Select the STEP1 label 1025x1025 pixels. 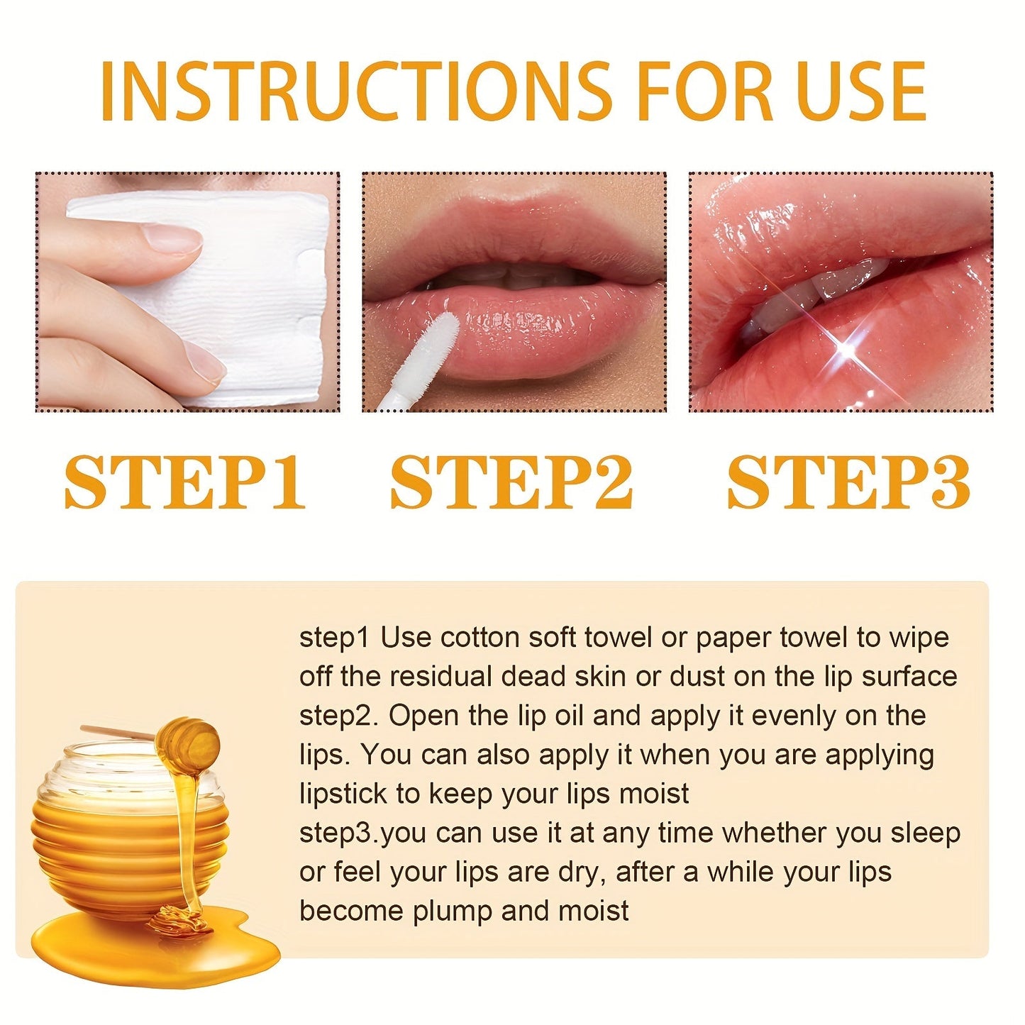185,482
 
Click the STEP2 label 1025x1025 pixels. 511,482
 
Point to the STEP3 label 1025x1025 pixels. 848,482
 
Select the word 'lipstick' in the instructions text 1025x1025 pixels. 343,794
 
